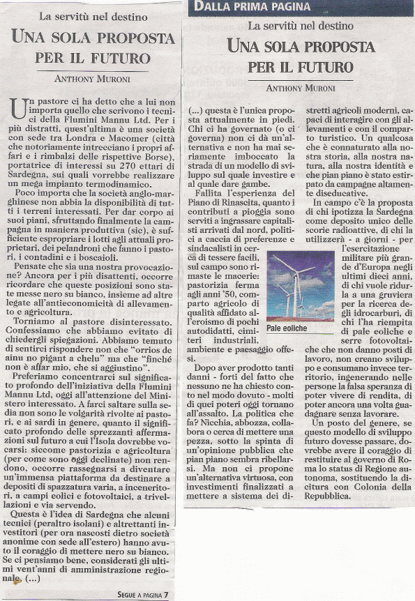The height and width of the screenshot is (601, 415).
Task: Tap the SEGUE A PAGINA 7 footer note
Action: pyautogui.click(x=142, y=595)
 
